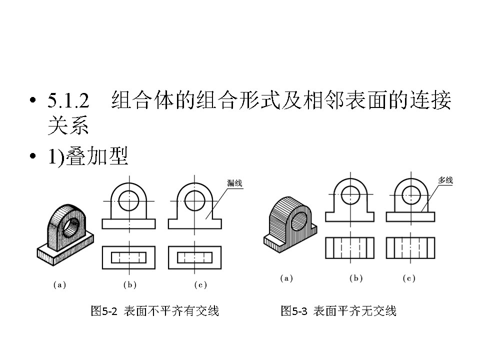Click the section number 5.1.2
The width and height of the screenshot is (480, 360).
(x=68, y=101)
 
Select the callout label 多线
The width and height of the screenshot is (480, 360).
(x=445, y=180)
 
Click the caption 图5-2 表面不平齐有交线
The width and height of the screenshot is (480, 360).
(x=155, y=311)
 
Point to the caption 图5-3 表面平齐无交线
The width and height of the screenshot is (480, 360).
(x=338, y=311)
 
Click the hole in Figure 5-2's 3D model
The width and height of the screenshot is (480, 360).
(x=73, y=225)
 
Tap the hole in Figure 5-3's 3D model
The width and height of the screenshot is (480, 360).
(x=300, y=219)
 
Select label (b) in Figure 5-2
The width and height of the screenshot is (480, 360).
(x=130, y=285)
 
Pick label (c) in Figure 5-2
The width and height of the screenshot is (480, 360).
(x=200, y=285)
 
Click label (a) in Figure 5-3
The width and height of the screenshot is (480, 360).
(x=286, y=278)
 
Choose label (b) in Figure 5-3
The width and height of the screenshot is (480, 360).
(x=356, y=278)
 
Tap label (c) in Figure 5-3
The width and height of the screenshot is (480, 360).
(x=409, y=278)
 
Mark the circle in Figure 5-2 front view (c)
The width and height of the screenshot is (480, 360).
(x=193, y=200)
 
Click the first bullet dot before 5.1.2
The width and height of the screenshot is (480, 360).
(x=33, y=101)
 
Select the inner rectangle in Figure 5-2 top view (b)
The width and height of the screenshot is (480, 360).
(x=129, y=257)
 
